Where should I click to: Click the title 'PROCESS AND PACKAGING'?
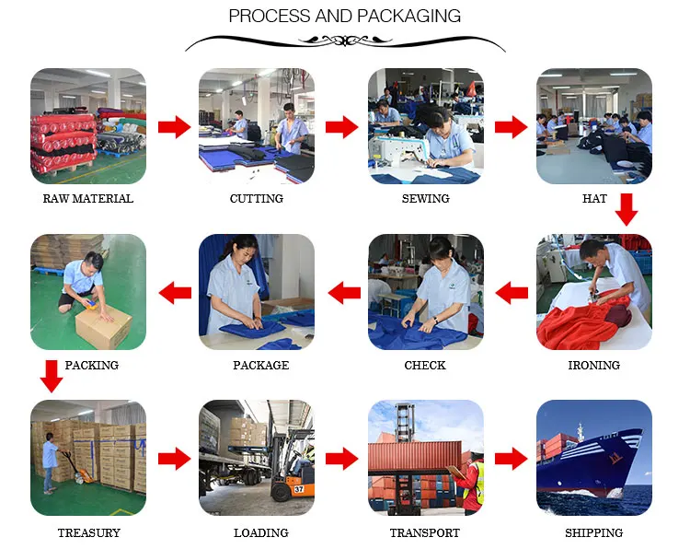pos(344,17)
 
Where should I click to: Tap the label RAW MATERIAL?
pos(87,198)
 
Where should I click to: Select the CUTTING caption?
pos(256,198)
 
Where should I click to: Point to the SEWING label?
pos(425,198)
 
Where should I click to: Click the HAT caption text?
pos(594,198)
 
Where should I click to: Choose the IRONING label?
pos(593,365)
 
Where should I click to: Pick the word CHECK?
pos(425,365)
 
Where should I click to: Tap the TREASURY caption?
pos(88,532)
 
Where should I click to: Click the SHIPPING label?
pos(593,532)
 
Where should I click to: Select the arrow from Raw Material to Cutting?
pos(172,127)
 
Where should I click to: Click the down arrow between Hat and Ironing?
pos(627,209)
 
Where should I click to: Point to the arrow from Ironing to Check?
pos(512,293)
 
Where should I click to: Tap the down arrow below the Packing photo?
pos(52,376)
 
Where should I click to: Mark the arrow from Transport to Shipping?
pos(511,459)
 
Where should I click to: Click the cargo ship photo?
pos(594,458)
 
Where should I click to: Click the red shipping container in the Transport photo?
pos(414,457)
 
